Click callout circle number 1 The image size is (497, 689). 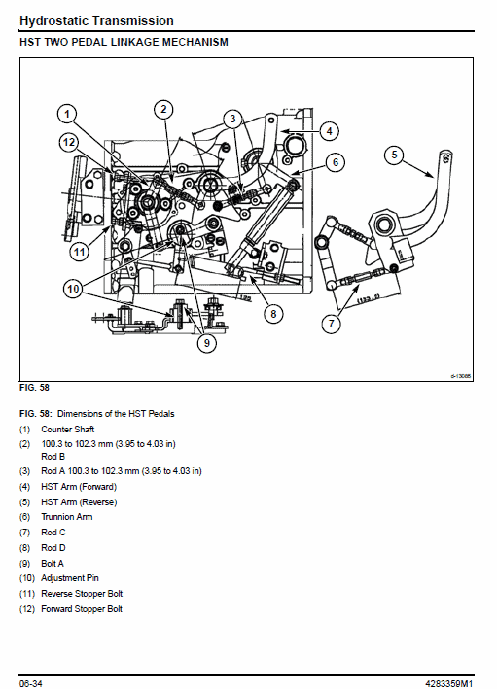click(66, 114)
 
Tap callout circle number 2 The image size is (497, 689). click(164, 109)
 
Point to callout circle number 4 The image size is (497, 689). click(329, 130)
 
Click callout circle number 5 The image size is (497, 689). click(393, 154)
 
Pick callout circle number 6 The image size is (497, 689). click(333, 162)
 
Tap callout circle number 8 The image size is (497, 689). click(273, 313)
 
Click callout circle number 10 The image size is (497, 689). click(73, 287)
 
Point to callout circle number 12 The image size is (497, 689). click(66, 142)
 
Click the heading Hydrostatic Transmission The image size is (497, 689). click(96, 20)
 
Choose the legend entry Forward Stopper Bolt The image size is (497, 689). click(82, 609)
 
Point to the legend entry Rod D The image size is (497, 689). click(53, 547)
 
